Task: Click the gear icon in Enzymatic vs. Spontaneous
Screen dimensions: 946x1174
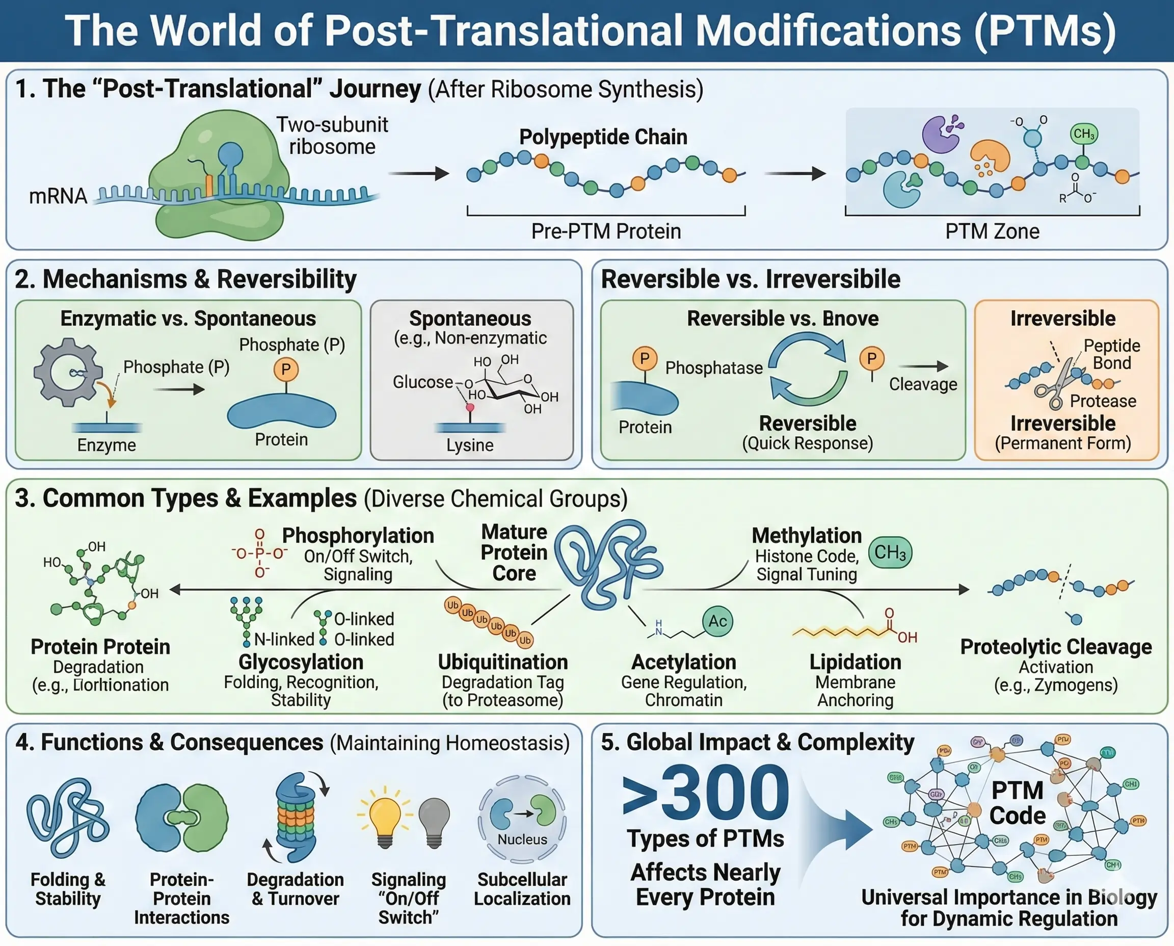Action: pyautogui.click(x=68, y=372)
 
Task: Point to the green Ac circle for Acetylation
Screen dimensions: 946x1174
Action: pyautogui.click(x=717, y=621)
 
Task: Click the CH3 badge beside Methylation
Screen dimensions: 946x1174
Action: pyautogui.click(x=890, y=553)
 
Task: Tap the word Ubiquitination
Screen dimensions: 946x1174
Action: pyautogui.click(x=503, y=662)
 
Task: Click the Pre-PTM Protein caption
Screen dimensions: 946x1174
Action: pyautogui.click(x=606, y=231)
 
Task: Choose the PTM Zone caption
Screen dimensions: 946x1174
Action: pyautogui.click(x=992, y=231)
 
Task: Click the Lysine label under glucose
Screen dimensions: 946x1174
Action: pyautogui.click(x=470, y=445)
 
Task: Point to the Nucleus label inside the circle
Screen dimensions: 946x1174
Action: pyautogui.click(x=522, y=839)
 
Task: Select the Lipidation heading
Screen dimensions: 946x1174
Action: pyautogui.click(x=855, y=662)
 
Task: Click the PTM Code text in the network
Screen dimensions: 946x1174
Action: pyautogui.click(x=1017, y=803)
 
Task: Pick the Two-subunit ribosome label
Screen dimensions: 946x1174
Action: pyautogui.click(x=332, y=136)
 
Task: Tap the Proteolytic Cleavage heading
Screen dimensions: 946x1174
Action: pyautogui.click(x=1055, y=646)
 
